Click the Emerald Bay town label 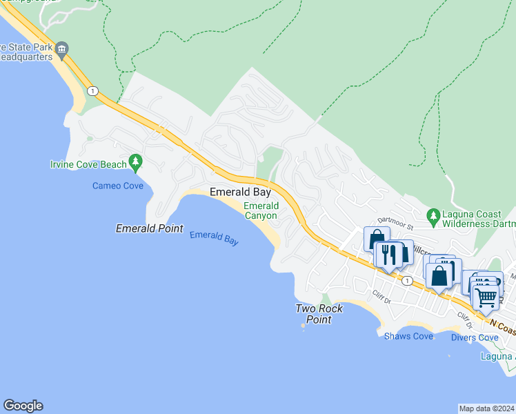click(240, 193)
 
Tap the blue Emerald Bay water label click(214, 239)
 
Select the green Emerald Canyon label click(261, 210)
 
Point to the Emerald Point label click(149, 228)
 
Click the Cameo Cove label click(118, 186)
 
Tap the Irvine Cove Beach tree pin click(136, 163)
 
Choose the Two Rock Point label click(319, 314)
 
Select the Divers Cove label click(475, 337)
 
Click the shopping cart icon click(486, 297)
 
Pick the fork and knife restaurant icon click(389, 255)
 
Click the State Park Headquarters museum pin click(62, 48)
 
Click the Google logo click(23, 406)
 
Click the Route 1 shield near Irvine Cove click(92, 90)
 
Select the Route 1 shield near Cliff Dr click(408, 280)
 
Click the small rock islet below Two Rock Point click(304, 327)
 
